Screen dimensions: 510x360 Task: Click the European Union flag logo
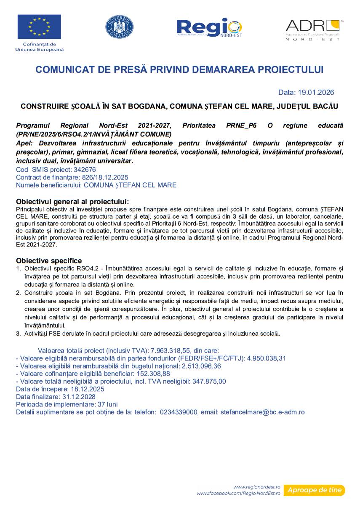tap(39, 27)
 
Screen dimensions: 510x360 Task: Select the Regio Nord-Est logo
tap(209, 28)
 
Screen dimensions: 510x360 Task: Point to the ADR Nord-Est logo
tap(314, 29)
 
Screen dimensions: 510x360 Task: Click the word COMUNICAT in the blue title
tap(61, 70)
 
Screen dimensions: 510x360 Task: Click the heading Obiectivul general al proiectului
tap(72, 202)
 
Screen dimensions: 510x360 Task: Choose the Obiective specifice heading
tap(49, 261)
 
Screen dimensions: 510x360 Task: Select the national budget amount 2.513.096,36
tap(201, 366)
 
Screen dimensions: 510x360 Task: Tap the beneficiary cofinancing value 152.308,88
tap(150, 374)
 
